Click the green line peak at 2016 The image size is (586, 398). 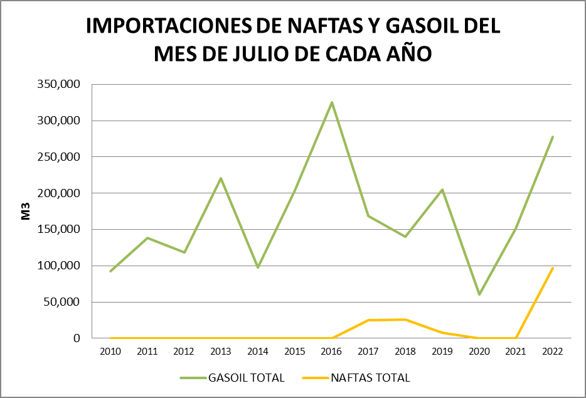(x=332, y=102)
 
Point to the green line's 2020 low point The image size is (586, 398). (x=479, y=294)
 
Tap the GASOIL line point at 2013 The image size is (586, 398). (x=221, y=178)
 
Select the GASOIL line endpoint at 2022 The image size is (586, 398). (x=553, y=137)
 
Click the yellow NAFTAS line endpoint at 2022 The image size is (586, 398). (x=553, y=268)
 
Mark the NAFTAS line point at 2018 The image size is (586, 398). (x=405, y=320)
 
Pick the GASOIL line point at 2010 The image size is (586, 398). (x=110, y=271)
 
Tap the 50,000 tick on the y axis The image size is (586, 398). (x=63, y=302)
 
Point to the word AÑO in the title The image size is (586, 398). (x=408, y=53)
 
